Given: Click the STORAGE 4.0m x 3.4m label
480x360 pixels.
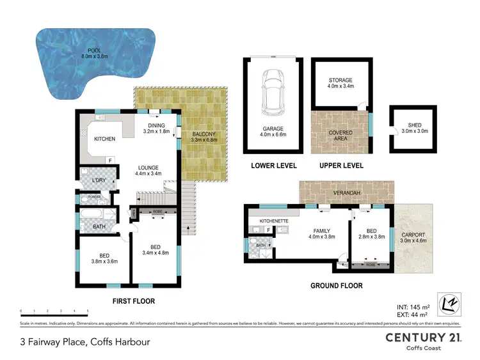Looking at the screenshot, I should click(x=340, y=84).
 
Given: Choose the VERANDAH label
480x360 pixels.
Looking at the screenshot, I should click(x=346, y=192).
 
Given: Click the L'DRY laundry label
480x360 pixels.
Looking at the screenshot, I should click(x=99, y=180).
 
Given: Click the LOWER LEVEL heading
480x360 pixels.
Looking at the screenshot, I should click(x=273, y=166).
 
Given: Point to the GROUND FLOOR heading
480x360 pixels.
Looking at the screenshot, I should click(x=336, y=286).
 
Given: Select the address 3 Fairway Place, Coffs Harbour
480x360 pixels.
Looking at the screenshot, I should click(x=85, y=341).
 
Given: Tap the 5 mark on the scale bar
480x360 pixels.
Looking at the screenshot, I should click(x=87, y=311).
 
